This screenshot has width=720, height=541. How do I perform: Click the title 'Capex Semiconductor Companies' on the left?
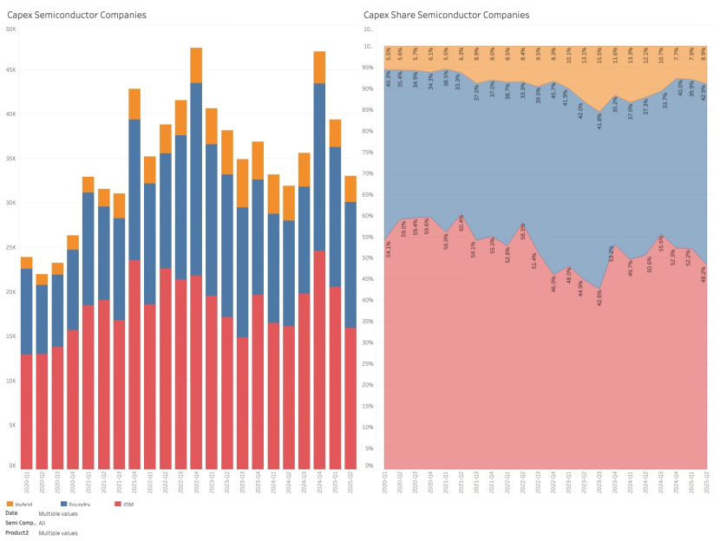[76, 16]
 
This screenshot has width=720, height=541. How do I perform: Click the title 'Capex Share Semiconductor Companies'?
[446, 16]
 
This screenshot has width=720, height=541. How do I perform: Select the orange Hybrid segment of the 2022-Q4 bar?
[197, 65]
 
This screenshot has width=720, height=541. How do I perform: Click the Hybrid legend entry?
[26, 504]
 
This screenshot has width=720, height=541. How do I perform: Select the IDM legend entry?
[128, 504]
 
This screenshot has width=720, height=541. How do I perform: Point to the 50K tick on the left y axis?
[10, 29]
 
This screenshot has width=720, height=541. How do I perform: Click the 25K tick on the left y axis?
[10, 248]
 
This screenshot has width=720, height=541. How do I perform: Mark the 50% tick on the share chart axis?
[367, 257]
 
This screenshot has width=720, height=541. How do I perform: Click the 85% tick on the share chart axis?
[367, 109]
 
